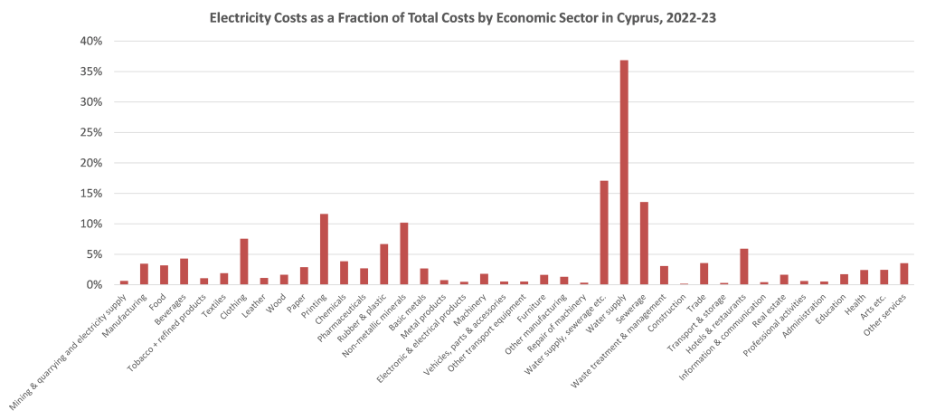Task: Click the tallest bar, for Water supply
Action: click(x=624, y=172)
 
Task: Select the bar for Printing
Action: click(x=324, y=250)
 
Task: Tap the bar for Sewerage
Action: click(x=644, y=243)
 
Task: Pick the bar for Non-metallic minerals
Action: click(x=404, y=254)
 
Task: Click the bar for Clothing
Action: click(x=244, y=262)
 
